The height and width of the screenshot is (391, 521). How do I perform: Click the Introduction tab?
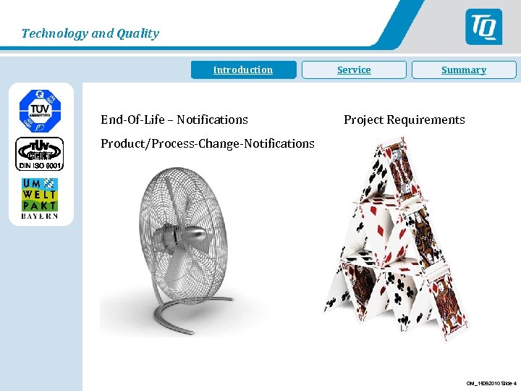point(243,70)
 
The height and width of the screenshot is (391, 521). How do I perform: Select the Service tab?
point(354,70)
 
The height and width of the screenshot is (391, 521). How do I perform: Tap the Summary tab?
point(464,70)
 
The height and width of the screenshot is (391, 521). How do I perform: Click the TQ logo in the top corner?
point(483,27)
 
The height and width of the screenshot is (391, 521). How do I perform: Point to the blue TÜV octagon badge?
point(40,109)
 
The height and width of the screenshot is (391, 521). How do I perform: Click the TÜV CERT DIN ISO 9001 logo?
point(40,154)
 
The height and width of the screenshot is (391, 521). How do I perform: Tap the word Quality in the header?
point(139,33)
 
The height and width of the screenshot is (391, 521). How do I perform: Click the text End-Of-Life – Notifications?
point(174,119)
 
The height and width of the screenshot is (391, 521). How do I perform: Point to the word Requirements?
point(428,119)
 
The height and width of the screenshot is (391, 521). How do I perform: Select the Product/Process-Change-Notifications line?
point(208,143)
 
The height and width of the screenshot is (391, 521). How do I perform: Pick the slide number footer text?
point(491,383)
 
